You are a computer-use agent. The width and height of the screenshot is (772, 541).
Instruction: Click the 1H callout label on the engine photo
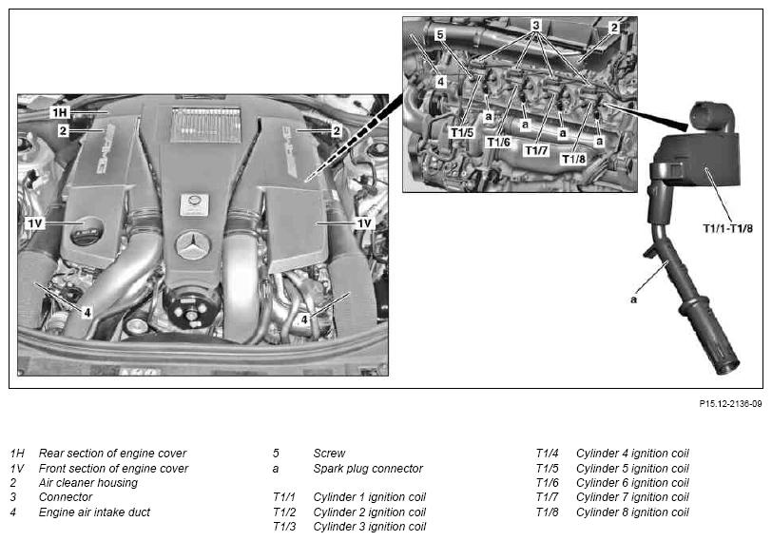tap(63, 112)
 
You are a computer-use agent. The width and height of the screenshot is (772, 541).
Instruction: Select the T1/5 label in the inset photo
tap(462, 132)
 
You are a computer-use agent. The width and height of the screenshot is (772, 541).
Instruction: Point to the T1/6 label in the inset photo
tap(498, 142)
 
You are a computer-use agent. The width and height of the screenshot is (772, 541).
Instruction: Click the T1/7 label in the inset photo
tap(537, 150)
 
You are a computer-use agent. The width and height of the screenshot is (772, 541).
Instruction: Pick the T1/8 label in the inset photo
tap(573, 159)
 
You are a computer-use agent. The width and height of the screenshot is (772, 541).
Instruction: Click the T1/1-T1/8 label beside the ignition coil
tap(725, 228)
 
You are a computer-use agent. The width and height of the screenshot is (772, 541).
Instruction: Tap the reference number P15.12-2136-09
tap(730, 404)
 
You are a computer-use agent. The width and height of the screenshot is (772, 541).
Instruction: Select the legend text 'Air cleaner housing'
tap(87, 483)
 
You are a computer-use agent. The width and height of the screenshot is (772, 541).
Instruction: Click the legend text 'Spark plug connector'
tap(367, 469)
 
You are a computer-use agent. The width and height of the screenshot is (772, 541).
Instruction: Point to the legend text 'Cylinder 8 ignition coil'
tap(631, 512)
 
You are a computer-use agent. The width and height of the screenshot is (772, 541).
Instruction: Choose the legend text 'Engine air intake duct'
tap(94, 512)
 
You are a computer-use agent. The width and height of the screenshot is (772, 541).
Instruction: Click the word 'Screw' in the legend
tap(329, 454)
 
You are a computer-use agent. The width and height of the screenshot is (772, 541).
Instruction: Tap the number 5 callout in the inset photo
tap(439, 35)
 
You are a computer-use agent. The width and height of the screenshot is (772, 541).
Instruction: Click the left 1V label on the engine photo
tap(35, 222)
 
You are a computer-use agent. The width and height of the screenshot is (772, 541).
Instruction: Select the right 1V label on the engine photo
tap(363, 222)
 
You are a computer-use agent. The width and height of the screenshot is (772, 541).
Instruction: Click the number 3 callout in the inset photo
tap(535, 24)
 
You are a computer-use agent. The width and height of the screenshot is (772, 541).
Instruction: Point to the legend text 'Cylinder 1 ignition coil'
tap(369, 497)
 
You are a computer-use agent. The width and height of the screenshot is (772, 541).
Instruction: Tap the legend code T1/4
tap(548, 454)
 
